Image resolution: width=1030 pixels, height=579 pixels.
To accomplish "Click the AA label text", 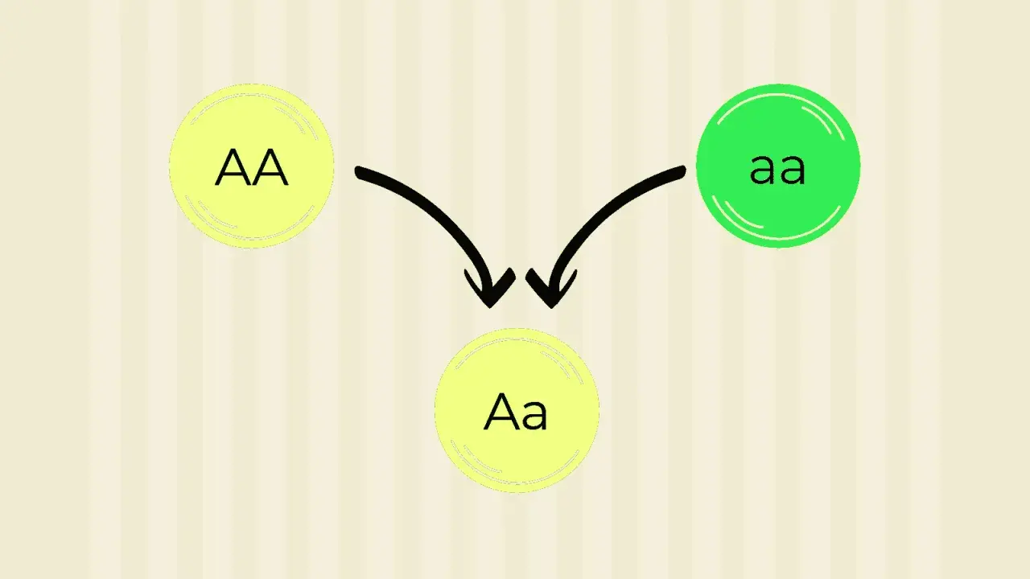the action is pos(252,167).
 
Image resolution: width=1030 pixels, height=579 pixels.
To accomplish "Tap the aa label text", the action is pos(777,169).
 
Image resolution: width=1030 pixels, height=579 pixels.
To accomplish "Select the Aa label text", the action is pos(516,413).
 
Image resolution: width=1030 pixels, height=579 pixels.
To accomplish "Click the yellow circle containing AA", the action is pos(252,166).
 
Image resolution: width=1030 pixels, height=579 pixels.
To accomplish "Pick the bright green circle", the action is pos(778,166).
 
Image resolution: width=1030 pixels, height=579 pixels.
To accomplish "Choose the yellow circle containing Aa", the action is pos(517,410).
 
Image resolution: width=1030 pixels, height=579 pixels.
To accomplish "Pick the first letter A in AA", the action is pos(233,167).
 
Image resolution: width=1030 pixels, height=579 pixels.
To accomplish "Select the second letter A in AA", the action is pos(270,167).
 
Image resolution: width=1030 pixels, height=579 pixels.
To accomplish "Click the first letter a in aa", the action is pos(764,169).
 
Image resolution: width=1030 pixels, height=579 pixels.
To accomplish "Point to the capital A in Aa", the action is pos(501,413).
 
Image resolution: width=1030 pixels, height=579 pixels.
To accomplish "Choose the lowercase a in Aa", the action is pos(534,416).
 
